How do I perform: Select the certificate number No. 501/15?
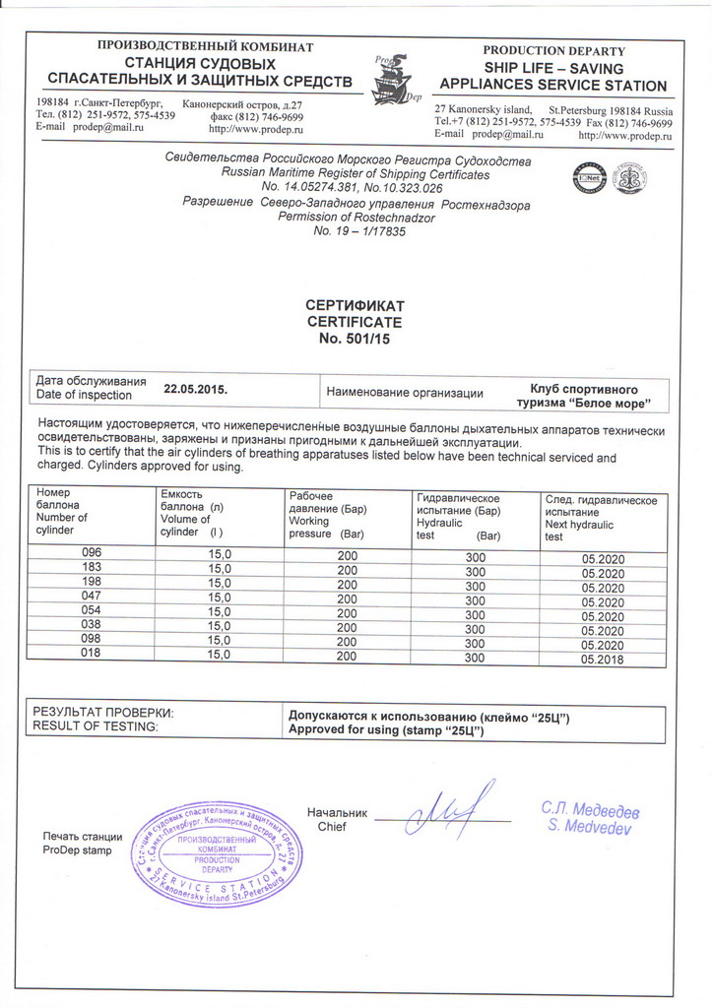tap(356, 338)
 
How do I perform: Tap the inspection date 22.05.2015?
tap(196, 389)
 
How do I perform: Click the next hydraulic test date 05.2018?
tap(604, 658)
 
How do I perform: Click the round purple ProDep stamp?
tap(216, 853)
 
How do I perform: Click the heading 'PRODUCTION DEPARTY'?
tap(553, 50)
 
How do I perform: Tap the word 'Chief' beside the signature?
tap(333, 827)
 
